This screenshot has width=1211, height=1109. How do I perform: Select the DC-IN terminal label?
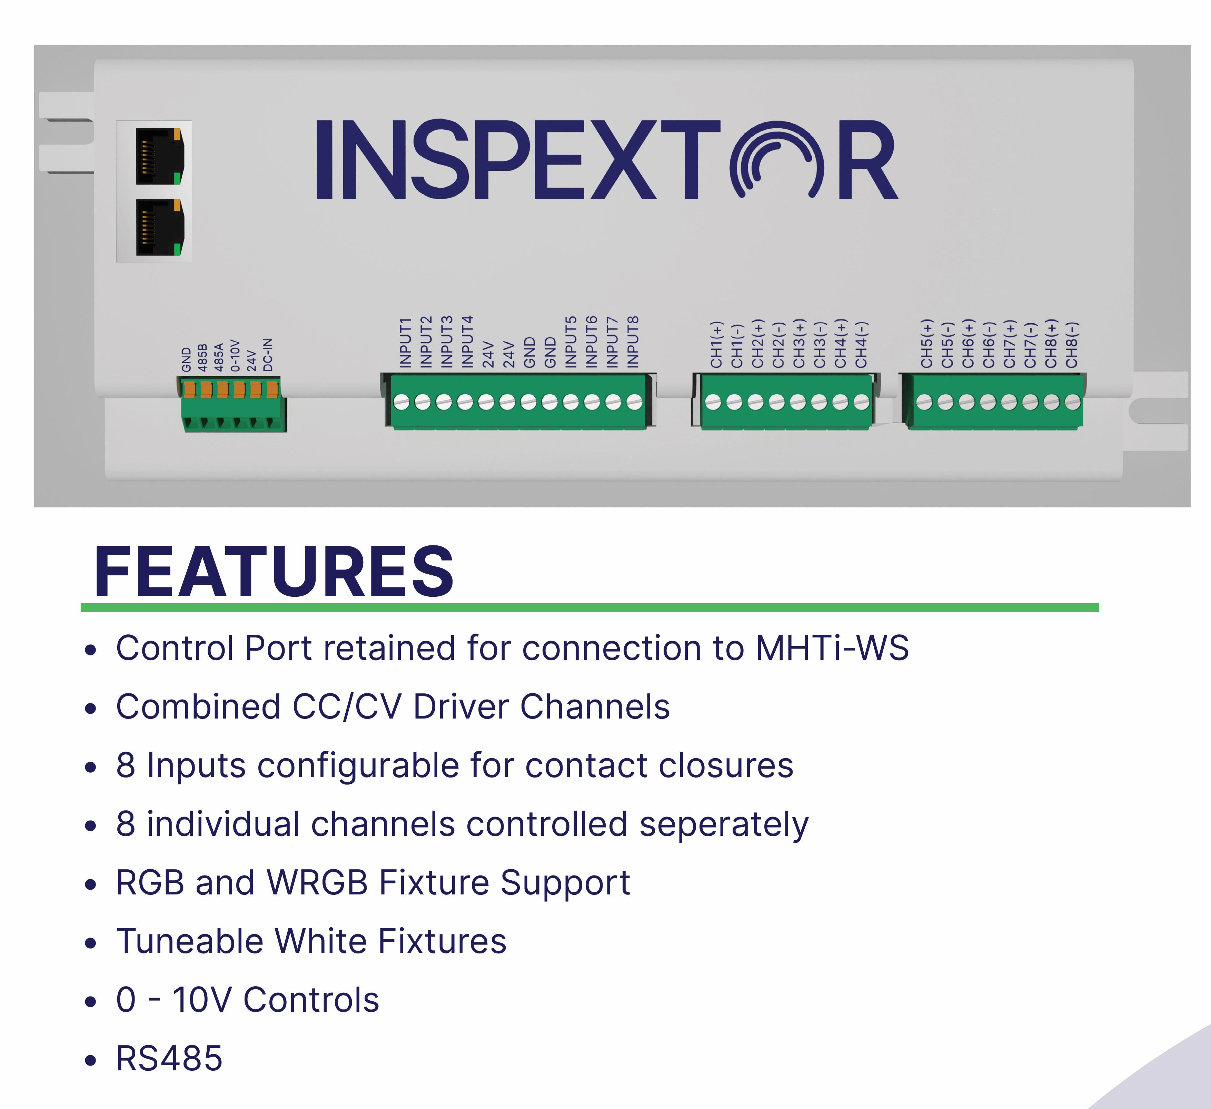click(x=268, y=355)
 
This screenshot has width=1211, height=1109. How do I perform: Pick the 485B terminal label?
click(x=202, y=357)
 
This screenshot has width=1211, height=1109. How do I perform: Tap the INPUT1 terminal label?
click(x=406, y=343)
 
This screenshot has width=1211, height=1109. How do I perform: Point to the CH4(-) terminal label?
click(x=861, y=345)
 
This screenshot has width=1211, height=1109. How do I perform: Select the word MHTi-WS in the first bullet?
click(x=832, y=648)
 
